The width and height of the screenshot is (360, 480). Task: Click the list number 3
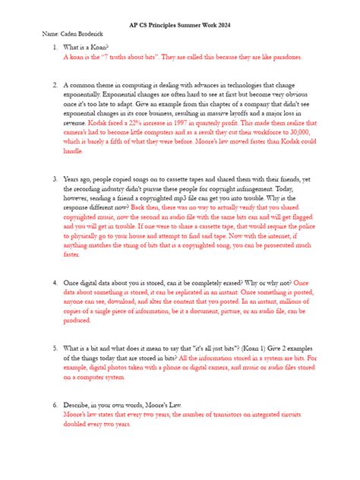click(55, 179)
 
